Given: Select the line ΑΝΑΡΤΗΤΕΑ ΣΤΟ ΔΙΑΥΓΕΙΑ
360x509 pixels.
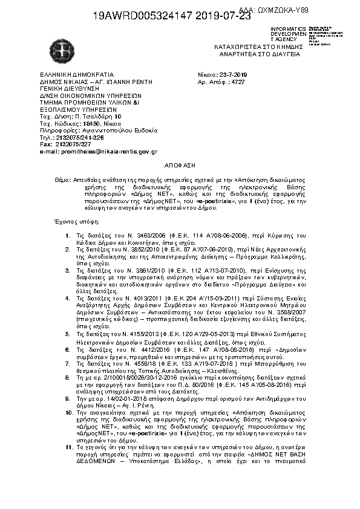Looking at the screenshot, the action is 257,54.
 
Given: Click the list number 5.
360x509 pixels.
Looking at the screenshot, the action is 68,334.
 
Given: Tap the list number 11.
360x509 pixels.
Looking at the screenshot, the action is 68,447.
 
